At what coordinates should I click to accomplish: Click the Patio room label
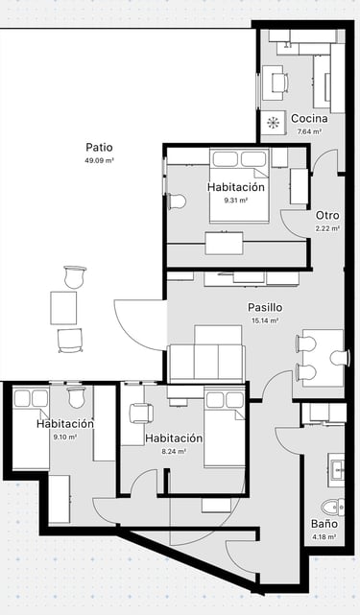pyautogui.click(x=99, y=148)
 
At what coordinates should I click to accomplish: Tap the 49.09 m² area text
pyautogui.click(x=99, y=160)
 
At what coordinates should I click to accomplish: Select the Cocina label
pyautogui.click(x=309, y=118)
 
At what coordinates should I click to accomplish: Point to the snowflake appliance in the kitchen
pyautogui.click(x=273, y=123)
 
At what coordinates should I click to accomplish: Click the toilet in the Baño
pyautogui.click(x=332, y=508)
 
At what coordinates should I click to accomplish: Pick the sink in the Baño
pyautogui.click(x=336, y=469)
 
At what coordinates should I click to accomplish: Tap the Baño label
pyautogui.click(x=324, y=524)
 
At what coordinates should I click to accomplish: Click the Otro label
pyautogui.click(x=327, y=215)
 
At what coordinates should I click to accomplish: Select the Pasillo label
pyautogui.click(x=265, y=307)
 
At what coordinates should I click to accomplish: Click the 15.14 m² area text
pyautogui.click(x=265, y=320)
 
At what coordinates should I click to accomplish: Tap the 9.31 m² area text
pyautogui.click(x=235, y=200)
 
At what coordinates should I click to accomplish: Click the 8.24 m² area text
pyautogui.click(x=174, y=451)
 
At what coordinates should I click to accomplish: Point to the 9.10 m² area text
pyautogui.click(x=64, y=437)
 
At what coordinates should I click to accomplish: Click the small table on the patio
pyautogui.click(x=63, y=308)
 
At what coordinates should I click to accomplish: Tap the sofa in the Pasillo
pyautogui.click(x=206, y=355)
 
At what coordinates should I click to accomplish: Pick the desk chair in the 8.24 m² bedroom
pyautogui.click(x=141, y=413)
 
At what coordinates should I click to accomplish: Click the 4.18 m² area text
pyautogui.click(x=324, y=536)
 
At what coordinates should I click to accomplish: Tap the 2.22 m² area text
pyautogui.click(x=327, y=228)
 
